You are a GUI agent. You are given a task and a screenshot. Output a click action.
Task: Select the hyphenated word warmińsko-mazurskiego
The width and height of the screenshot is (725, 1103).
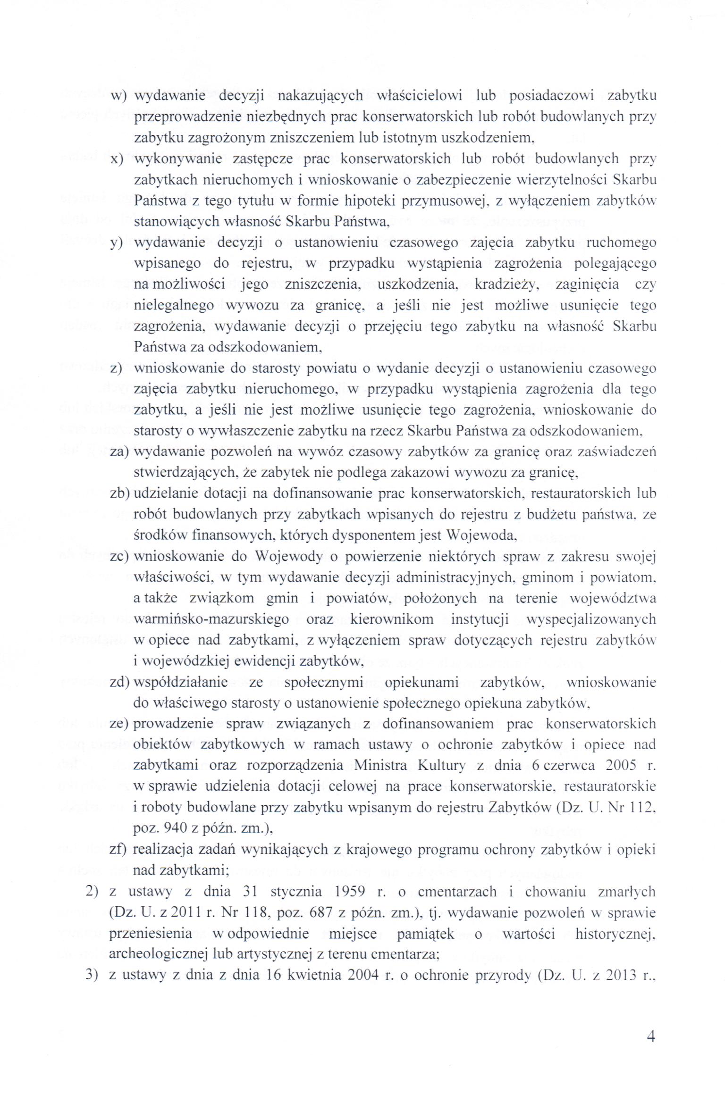(x=211, y=619)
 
